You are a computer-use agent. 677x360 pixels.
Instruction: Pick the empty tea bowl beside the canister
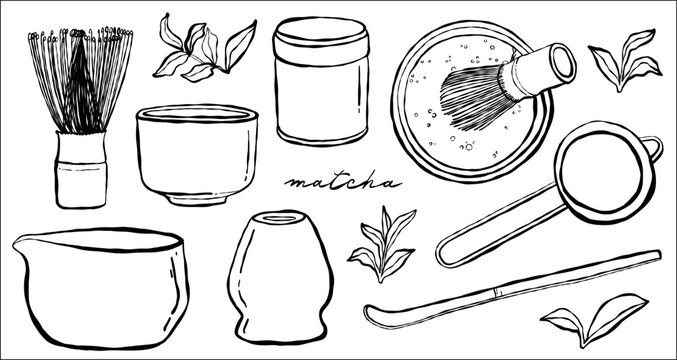coord(197,150)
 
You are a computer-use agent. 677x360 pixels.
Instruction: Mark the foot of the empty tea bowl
coord(197,198)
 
